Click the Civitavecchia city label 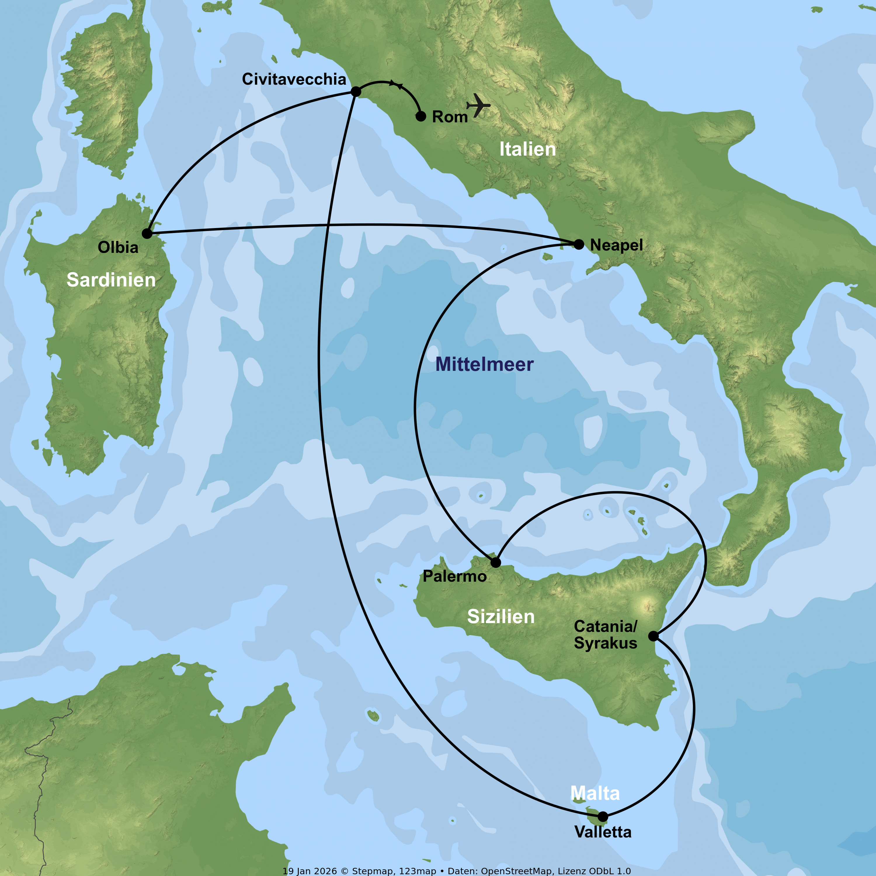(294, 79)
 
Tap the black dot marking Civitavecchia (356, 92)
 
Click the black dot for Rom (421, 117)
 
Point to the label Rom (450, 117)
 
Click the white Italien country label (527, 149)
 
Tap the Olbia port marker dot (147, 234)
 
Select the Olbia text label (118, 248)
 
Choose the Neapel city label (616, 245)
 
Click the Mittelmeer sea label (484, 364)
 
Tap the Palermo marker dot (496, 562)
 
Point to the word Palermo (455, 576)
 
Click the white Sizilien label (500, 617)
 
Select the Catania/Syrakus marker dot (653, 636)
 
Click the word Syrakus (605, 643)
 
